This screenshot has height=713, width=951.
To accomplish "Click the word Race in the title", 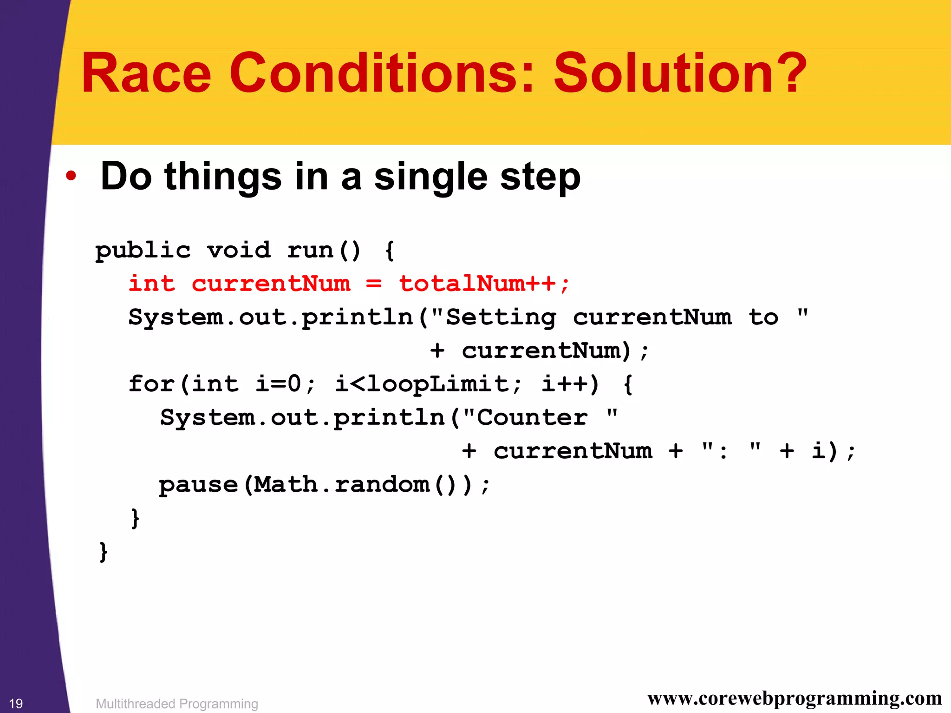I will tap(146, 73).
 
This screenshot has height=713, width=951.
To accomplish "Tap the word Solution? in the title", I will tap(680, 73).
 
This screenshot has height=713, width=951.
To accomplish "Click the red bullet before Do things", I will tap(71, 176).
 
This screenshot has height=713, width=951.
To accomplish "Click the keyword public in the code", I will tap(143, 251).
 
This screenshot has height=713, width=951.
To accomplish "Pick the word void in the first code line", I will tap(239, 251).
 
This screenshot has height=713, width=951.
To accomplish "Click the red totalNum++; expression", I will tap(484, 284).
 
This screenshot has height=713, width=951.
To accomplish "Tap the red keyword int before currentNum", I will tap(152, 284).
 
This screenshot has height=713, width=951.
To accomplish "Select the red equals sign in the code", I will tap(374, 284).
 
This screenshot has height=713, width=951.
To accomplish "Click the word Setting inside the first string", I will tap(501, 317).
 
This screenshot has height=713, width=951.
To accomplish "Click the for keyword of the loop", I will tap(151, 384).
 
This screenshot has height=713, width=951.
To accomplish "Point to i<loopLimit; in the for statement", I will tap(428, 384).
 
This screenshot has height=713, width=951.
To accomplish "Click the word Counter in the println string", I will tap(532, 417).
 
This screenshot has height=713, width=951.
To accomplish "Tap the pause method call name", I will tap(198, 485).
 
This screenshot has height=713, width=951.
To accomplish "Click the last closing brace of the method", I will tap(103, 551).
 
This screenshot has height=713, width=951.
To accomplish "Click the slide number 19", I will tap(16, 703).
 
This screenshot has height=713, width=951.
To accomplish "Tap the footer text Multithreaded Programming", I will tap(176, 704).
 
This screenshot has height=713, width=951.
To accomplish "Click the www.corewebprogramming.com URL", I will tap(795, 698).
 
